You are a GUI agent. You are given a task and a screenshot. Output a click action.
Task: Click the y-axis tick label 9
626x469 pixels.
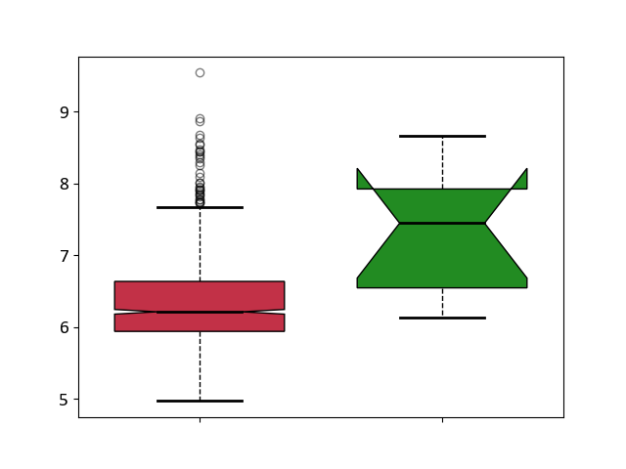coord(65,112)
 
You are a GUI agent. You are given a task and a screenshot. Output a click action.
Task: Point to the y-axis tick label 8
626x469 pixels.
coord(65,185)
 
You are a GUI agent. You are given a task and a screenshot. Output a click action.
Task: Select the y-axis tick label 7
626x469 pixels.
coord(65,256)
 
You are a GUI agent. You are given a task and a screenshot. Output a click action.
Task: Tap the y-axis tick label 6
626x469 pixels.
coord(65,328)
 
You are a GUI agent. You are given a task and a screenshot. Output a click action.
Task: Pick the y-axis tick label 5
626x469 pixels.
coord(65,400)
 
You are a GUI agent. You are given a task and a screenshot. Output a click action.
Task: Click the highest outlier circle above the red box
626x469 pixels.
coord(200,72)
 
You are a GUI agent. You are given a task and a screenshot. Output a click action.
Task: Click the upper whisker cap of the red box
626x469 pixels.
coord(200,207)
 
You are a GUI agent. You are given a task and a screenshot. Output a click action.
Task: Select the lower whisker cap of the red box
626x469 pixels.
coord(200,401)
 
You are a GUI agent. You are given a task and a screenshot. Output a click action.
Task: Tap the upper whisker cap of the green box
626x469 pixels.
coord(442,137)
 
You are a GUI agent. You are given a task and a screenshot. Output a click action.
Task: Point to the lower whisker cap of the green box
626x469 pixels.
coord(442,318)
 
